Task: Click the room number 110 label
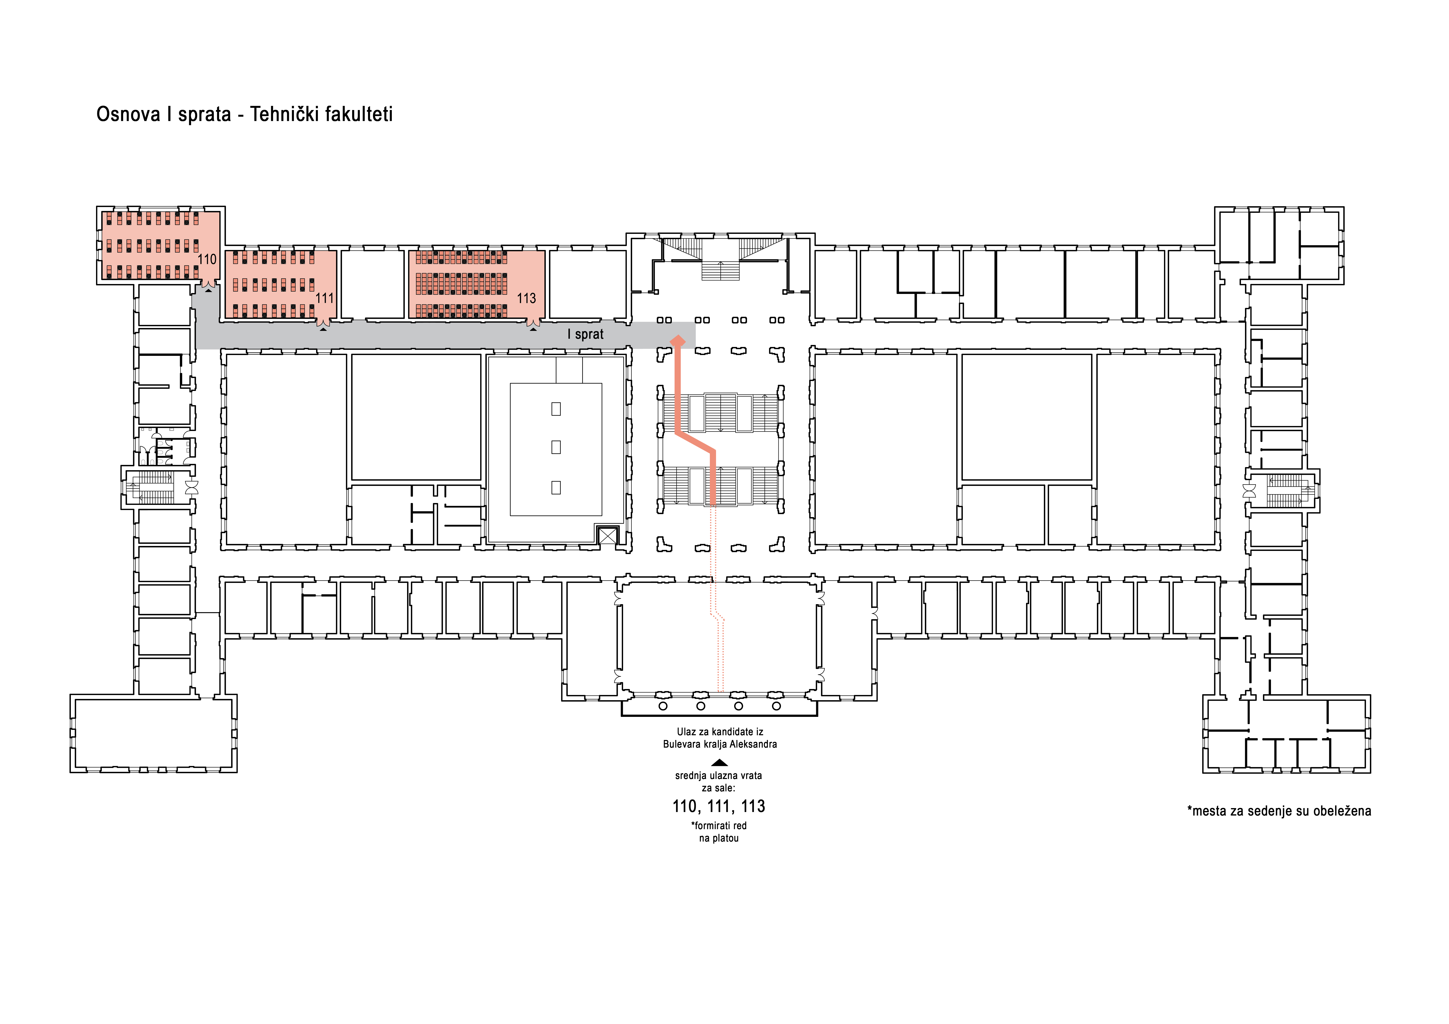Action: point(207,259)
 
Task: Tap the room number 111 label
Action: point(324,298)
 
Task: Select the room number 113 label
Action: point(526,298)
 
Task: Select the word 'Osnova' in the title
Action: point(128,114)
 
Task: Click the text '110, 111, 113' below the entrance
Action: point(719,806)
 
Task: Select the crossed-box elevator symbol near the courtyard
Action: point(607,536)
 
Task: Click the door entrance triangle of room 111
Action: point(323,329)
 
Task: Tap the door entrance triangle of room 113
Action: point(533,329)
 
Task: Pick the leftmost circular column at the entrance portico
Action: point(663,706)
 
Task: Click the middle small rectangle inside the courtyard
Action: point(556,447)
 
